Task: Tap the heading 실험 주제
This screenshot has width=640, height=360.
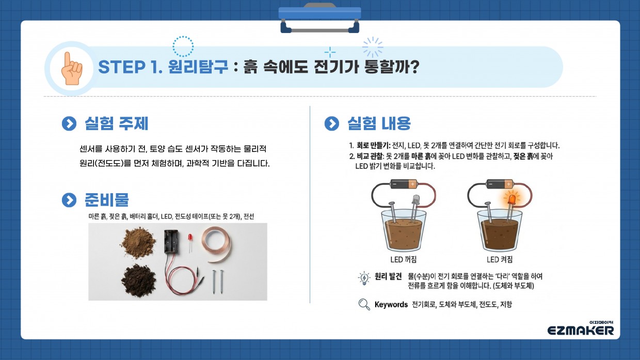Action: pos(116,124)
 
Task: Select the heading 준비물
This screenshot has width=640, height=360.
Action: pos(106,200)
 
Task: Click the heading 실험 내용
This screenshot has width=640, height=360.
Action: pos(379,124)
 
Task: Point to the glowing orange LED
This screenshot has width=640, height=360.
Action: pos(513,199)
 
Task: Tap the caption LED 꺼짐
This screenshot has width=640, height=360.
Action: pos(404,259)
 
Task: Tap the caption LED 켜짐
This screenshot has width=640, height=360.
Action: pos(500,259)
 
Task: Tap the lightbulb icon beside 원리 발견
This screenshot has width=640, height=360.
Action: pos(364,278)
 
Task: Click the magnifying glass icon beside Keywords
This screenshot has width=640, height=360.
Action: pos(364,305)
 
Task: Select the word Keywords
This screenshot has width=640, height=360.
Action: pos(391,305)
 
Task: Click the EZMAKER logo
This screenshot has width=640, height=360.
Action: pos(581,330)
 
